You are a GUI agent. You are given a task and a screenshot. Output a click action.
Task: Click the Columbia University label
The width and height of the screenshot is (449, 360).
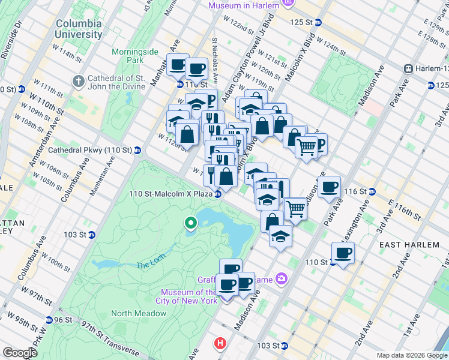coord(79,29)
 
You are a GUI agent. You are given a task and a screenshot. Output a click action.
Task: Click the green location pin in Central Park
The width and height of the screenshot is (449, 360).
coord(191,224)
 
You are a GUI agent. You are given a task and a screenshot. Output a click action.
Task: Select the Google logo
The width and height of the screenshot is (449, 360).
coord(20,352)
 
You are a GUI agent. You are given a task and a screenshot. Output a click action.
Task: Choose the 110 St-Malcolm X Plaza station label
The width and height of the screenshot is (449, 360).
coord(170,194)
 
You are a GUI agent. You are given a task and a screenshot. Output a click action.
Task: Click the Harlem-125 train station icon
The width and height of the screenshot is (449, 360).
coord(408,69)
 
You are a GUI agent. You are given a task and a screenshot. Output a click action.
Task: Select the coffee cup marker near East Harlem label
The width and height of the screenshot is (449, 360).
coord(343,253)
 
